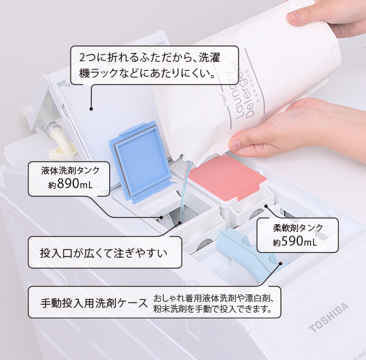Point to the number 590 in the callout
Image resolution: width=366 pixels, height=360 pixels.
pos(292,242)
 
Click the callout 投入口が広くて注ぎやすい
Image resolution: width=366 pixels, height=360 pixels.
pos(103,254)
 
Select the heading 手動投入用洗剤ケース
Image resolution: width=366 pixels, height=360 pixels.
pos(93,303)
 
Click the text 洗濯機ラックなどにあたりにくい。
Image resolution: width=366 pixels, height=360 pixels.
pos(148,75)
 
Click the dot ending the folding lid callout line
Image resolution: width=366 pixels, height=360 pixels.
pos(91,109)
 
